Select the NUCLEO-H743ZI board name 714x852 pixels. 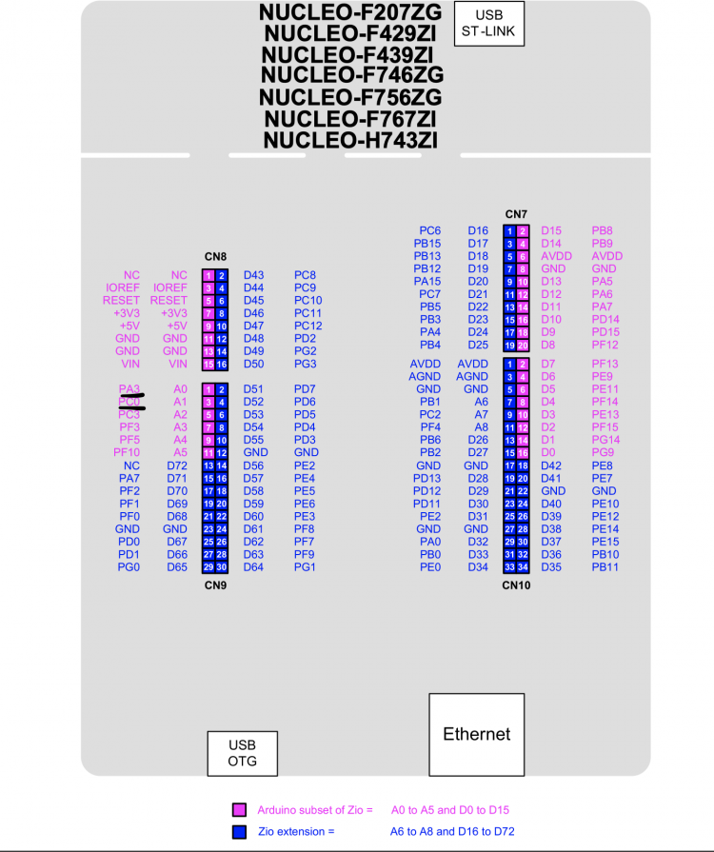[350, 141]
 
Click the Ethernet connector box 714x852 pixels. [476, 734]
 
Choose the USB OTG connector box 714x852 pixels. [242, 753]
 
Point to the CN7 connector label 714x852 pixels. [516, 214]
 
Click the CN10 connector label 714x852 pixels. [516, 585]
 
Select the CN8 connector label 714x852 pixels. [215, 257]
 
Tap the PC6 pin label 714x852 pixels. [429, 230]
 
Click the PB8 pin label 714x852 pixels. [602, 230]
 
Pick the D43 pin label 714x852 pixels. [253, 275]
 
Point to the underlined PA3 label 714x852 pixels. [129, 389]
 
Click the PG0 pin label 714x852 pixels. [129, 567]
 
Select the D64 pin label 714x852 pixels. [253, 567]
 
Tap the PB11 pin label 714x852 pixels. [605, 567]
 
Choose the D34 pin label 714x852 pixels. [478, 567]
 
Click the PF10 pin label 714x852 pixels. [127, 453]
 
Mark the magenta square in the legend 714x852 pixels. [240, 810]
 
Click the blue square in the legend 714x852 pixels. [240, 831]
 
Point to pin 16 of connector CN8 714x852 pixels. [221, 365]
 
